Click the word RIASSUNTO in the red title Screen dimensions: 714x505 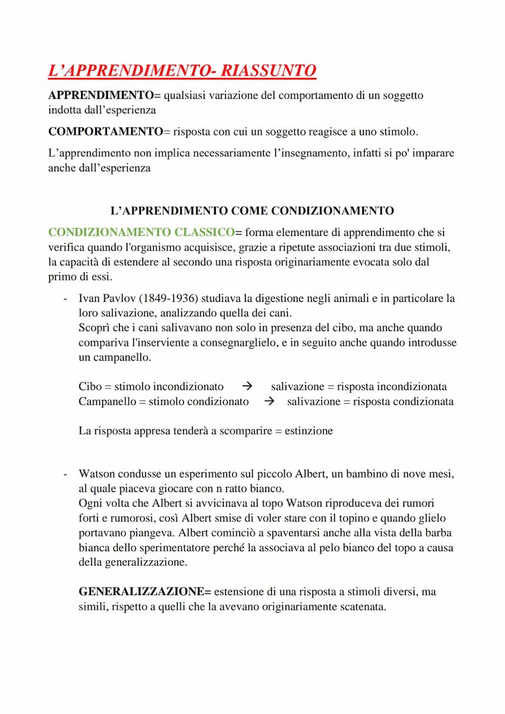[268, 71]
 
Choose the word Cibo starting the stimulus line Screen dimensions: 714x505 [90, 387]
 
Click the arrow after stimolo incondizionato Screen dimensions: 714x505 [247, 387]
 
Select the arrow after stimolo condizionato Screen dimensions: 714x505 [270, 401]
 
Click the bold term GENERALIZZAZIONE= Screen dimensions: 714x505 [145, 591]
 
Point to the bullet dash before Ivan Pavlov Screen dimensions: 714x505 [65, 299]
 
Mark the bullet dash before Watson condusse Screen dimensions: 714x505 [65, 474]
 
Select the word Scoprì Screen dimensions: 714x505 [95, 328]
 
